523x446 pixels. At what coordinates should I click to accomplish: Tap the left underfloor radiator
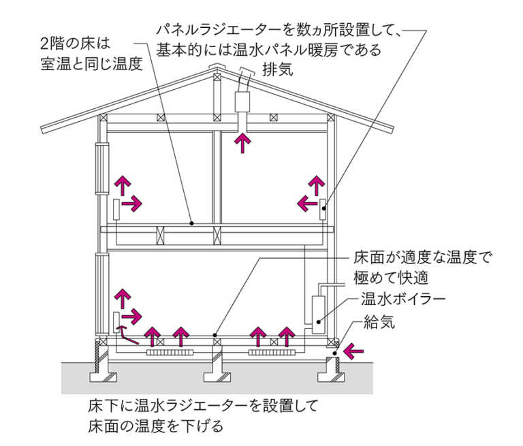170,353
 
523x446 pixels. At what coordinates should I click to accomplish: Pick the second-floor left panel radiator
118,208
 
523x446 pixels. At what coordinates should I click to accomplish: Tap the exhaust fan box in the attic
242,103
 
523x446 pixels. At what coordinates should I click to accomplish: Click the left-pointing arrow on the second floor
307,202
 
